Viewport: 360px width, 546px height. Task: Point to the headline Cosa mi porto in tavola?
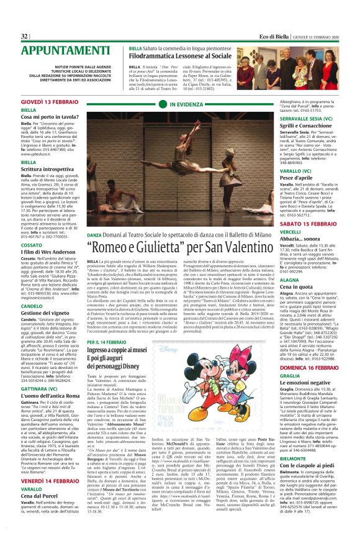[x=49, y=117]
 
